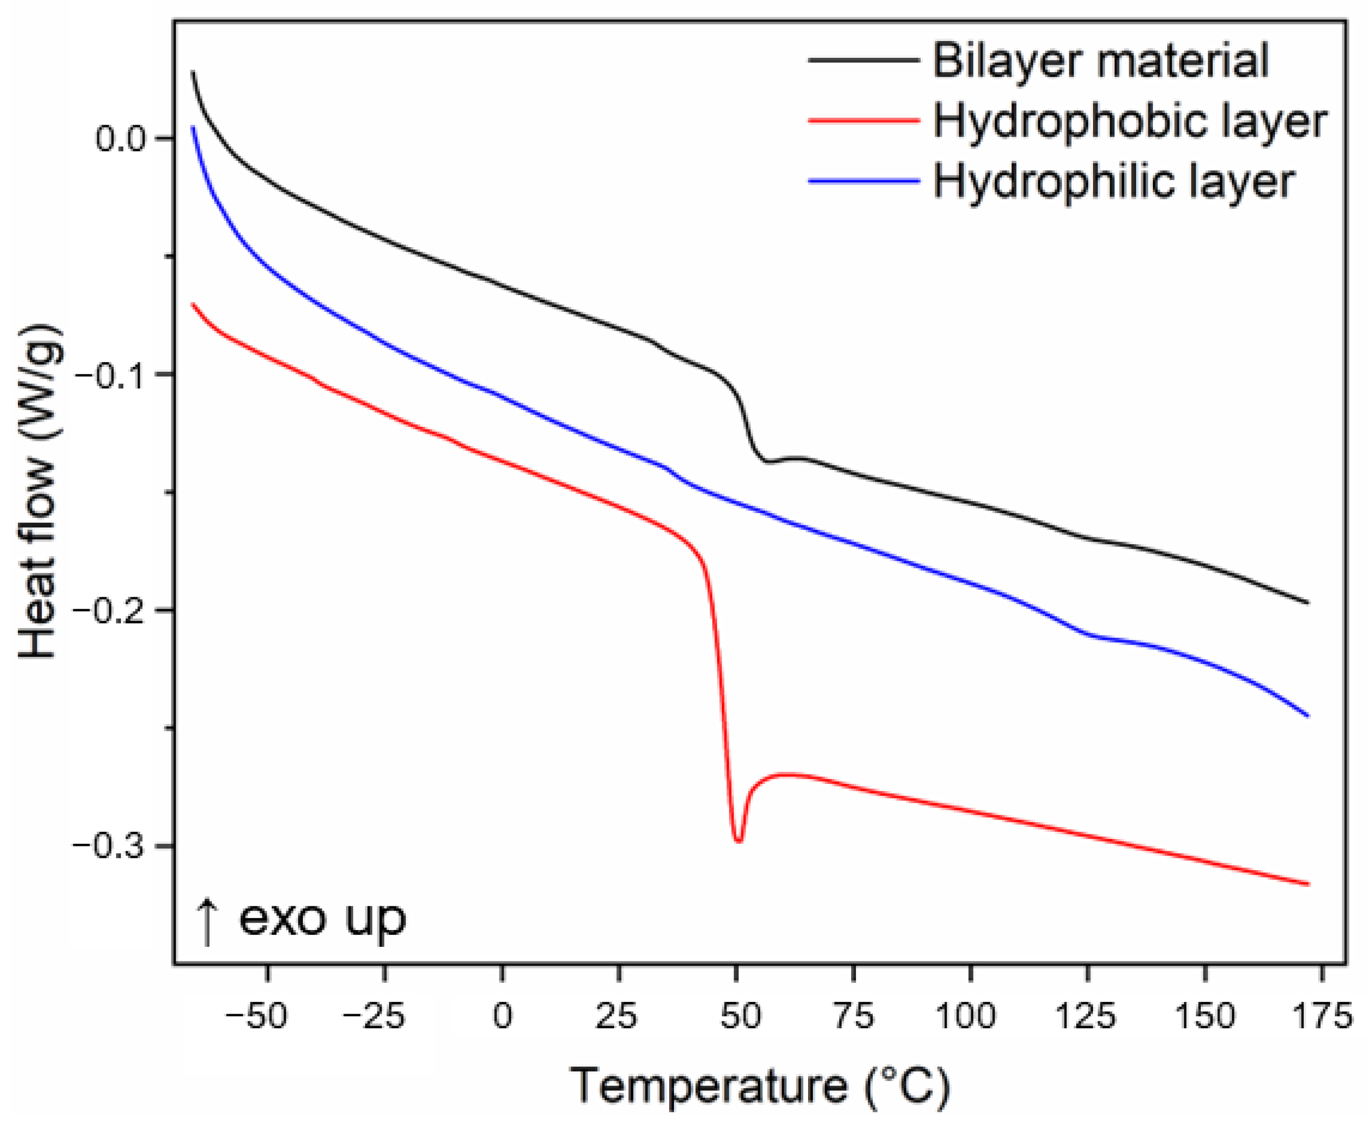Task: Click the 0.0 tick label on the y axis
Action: tap(122, 139)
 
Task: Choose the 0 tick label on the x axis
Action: tap(503, 1016)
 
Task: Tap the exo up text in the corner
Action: tap(322, 918)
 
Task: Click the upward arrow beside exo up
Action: tap(207, 922)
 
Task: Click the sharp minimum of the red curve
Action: tap(738, 841)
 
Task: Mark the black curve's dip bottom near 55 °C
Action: tap(768, 462)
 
